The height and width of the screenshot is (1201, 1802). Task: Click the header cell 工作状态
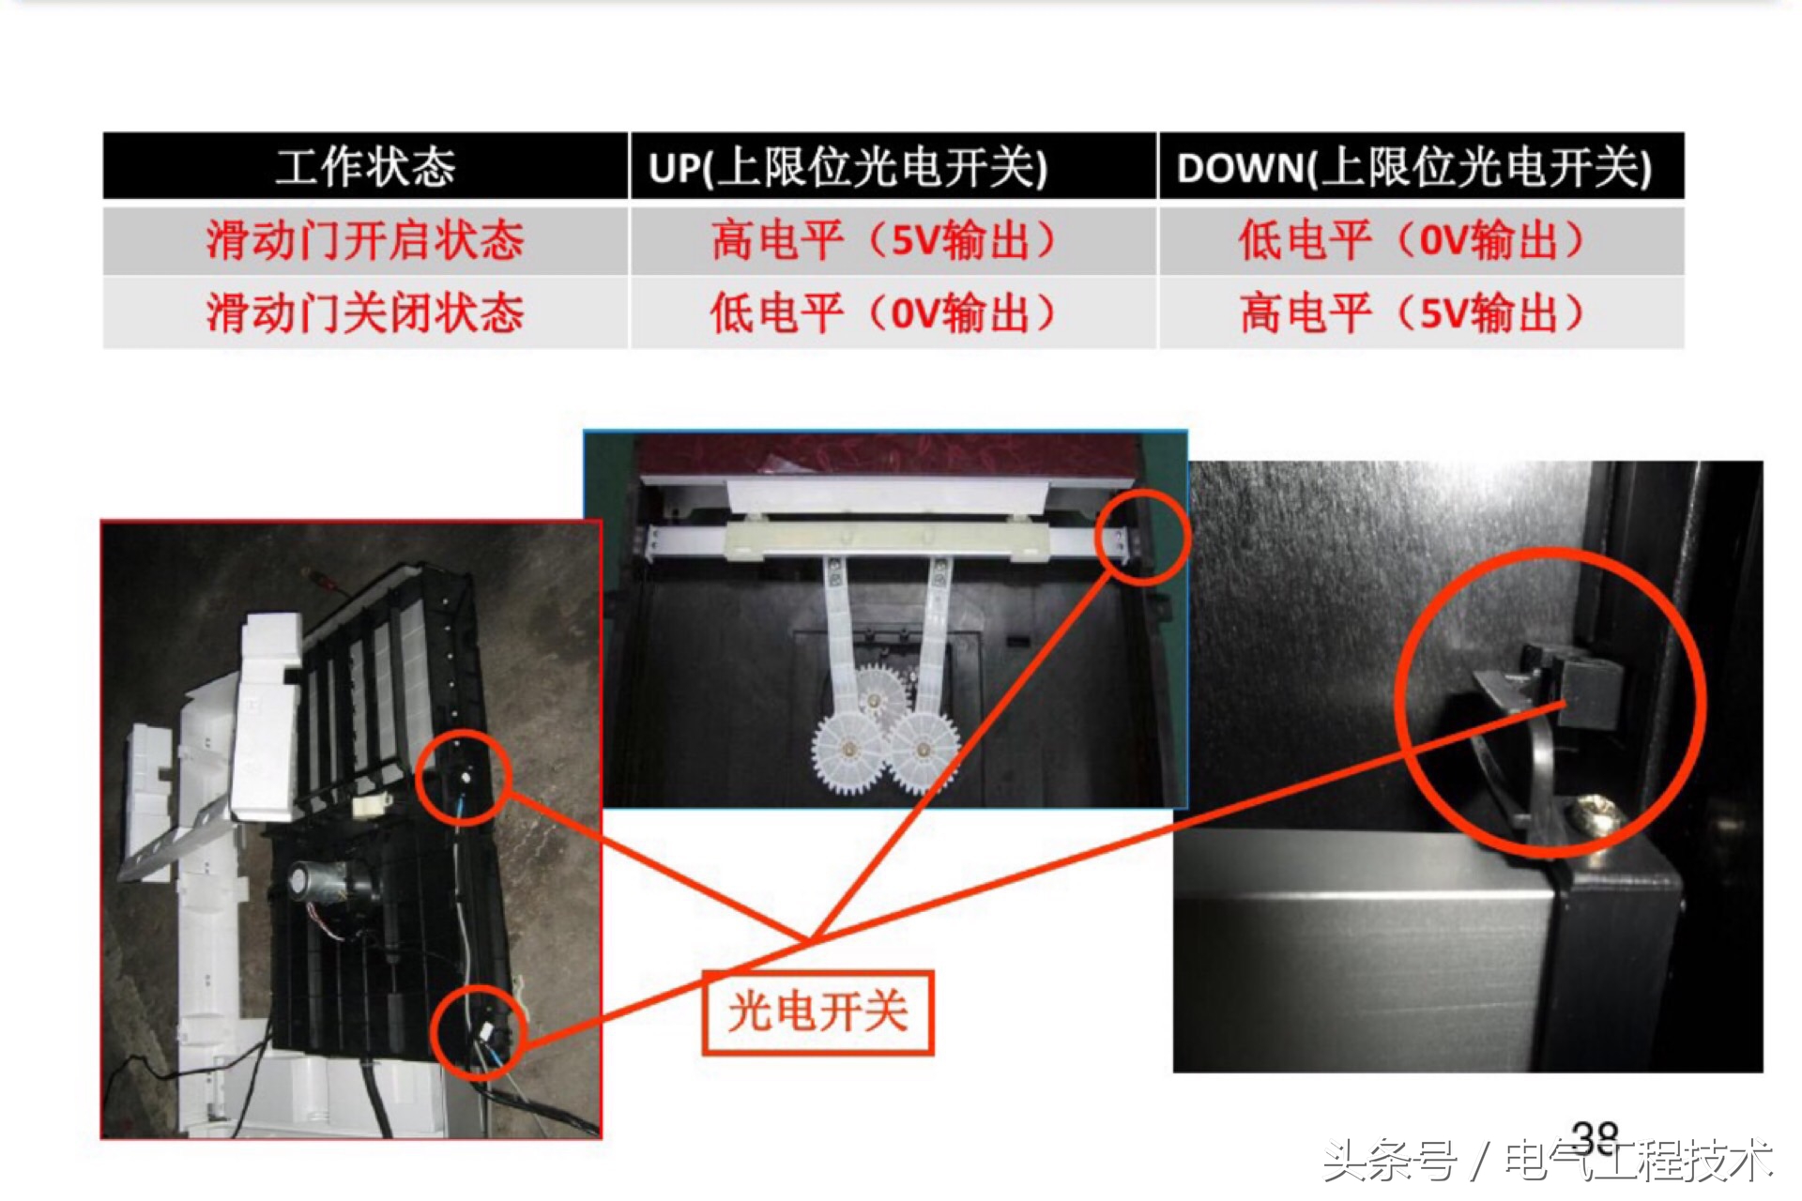click(x=365, y=167)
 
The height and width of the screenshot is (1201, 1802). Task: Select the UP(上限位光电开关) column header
click(x=847, y=167)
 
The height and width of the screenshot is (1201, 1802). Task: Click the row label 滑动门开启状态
click(x=365, y=240)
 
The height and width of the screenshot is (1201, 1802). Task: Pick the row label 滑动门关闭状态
click(x=365, y=312)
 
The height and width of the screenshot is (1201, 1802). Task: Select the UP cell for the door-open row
click(x=882, y=240)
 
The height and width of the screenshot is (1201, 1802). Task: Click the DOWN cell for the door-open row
click(x=1412, y=240)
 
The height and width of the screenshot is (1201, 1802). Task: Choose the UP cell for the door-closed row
click(x=882, y=312)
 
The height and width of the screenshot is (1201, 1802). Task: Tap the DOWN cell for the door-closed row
click(x=1412, y=312)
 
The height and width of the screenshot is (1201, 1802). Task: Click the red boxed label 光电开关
click(x=817, y=1012)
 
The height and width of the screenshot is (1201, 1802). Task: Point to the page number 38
click(x=1596, y=1139)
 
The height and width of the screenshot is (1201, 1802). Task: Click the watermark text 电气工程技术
click(x=1638, y=1162)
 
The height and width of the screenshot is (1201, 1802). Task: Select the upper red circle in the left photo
click(x=463, y=778)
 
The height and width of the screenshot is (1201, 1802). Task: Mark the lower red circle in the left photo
click(x=479, y=1032)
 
